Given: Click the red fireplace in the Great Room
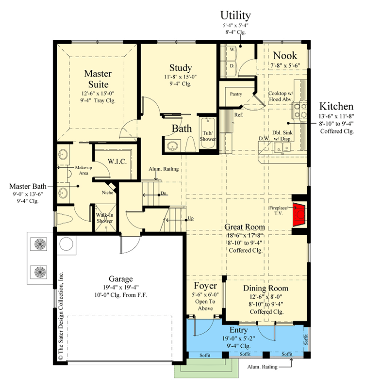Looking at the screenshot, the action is coord(299,214).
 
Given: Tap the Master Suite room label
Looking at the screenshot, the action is coord(98,79).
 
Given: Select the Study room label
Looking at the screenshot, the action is coord(181,68).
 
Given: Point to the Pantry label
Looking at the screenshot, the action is coord(236,94).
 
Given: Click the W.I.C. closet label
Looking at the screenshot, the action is coord(117,162).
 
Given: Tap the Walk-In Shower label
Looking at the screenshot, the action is coord(105,218).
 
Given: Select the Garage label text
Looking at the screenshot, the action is coord(120,279).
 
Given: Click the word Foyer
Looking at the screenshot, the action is coord(205,286).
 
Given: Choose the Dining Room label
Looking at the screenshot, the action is coord(266,288).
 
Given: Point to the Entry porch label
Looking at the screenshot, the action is coord(238,330).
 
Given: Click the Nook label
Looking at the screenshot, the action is coord(285,56).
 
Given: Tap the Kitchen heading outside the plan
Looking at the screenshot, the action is coord(336,106).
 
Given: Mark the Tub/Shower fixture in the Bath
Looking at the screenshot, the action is coord(208,133).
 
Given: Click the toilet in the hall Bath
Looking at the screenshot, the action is coord(191,145).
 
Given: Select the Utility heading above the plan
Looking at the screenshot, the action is coord(235,16).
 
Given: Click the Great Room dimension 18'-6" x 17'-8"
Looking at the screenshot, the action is coord(245,235).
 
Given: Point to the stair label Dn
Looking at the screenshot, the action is coord(163,193).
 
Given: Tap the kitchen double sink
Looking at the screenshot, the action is coord(283,148).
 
